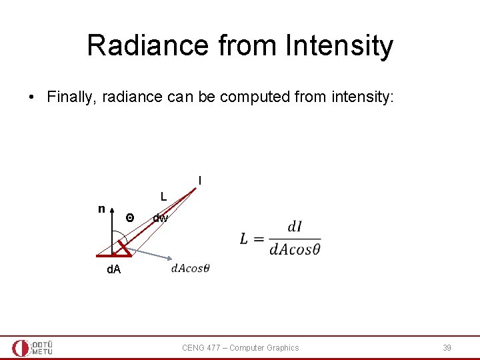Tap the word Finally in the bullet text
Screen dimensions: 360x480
68,97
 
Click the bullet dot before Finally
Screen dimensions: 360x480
31,97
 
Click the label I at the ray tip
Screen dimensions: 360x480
199,181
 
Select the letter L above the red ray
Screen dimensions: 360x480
163,197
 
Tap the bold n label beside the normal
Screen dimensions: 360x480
101,209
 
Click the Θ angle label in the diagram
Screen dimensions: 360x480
130,218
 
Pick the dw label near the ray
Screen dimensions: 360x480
160,218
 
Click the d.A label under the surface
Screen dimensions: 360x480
114,270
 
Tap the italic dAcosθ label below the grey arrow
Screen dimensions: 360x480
190,269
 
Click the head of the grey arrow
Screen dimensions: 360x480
171,259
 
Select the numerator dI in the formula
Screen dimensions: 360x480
295,227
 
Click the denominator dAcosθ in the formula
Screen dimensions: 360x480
295,249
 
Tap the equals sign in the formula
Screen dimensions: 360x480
259,239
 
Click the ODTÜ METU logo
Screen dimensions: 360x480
32,347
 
